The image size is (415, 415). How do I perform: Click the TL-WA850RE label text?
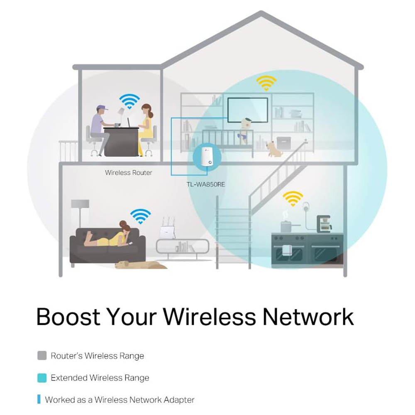(x=206, y=185)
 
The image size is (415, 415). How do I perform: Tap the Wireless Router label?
(x=129, y=173)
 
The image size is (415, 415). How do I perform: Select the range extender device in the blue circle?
(x=207, y=156)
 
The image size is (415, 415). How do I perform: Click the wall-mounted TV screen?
(x=248, y=110)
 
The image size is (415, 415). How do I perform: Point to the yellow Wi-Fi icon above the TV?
(x=266, y=83)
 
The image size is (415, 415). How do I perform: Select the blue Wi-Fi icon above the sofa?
(x=141, y=216)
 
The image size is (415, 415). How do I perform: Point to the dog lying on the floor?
(x=141, y=265)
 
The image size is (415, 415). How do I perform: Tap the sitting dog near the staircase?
(x=272, y=149)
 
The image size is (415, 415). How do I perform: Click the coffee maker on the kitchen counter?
(x=324, y=224)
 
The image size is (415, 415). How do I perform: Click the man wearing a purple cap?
(x=100, y=129)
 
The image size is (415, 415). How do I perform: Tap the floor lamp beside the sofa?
(x=80, y=213)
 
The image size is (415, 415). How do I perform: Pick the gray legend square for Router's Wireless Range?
(x=42, y=356)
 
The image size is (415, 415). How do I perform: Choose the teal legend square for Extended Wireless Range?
(x=42, y=378)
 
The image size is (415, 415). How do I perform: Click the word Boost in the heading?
(x=68, y=317)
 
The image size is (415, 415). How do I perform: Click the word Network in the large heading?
(x=308, y=317)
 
